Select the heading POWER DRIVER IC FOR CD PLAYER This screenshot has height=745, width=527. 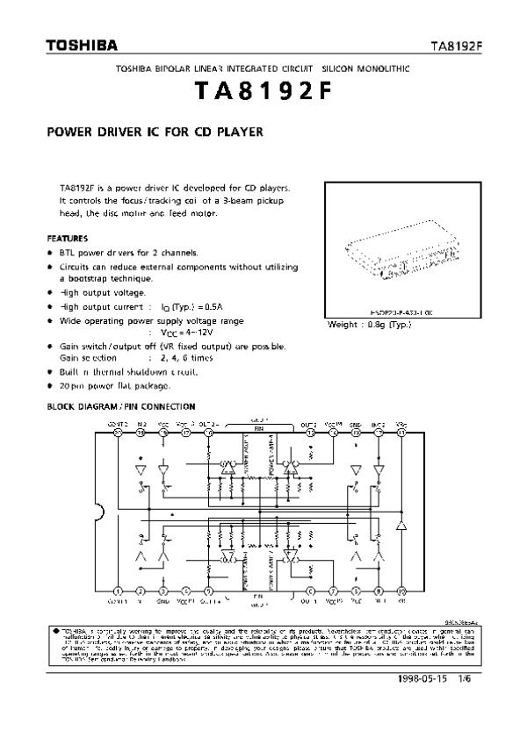tap(155, 135)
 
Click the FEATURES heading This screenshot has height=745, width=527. tap(67, 238)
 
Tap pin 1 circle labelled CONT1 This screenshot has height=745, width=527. tap(118, 591)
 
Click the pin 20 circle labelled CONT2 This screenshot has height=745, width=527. tap(118, 432)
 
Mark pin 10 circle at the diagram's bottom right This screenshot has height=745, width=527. tap(401, 591)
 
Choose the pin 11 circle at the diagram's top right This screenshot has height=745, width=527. tap(401, 432)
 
